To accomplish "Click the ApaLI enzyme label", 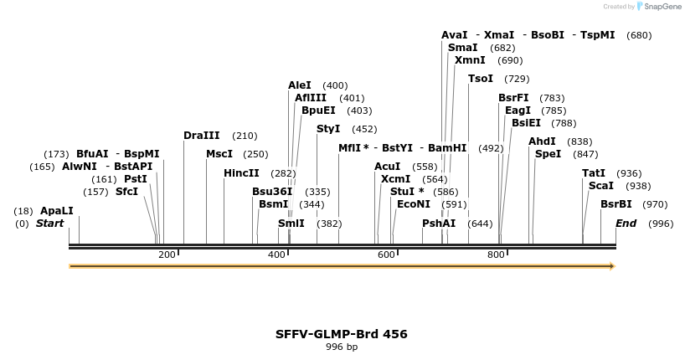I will click(x=57, y=211).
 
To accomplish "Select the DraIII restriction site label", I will click(x=202, y=136).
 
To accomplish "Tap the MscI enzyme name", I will click(x=219, y=154).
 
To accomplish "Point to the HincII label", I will click(x=241, y=173).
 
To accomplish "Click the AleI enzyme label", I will click(x=300, y=85).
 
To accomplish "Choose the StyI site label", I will click(x=328, y=129).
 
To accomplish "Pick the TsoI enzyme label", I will click(x=481, y=79).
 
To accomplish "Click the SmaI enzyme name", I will click(x=463, y=48).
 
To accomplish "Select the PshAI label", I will click(x=439, y=224).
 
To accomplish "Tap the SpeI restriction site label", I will click(x=549, y=154).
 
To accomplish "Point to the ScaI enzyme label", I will click(x=601, y=186).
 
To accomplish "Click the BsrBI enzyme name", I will click(x=616, y=204).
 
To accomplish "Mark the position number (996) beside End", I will click(x=661, y=224).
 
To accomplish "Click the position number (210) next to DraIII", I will click(x=245, y=136).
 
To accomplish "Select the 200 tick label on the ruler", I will click(x=167, y=255).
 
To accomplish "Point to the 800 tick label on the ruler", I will click(x=496, y=255).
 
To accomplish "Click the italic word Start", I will click(x=49, y=224).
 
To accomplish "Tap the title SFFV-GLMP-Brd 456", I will click(x=342, y=334).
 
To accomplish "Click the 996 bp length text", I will click(x=342, y=347).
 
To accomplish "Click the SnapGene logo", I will click(x=658, y=7).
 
